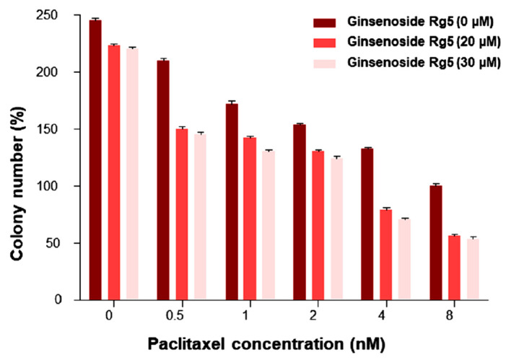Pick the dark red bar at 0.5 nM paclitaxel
[x=163, y=180]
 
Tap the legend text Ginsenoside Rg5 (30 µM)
[x=424, y=63]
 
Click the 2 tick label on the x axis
[x=318, y=315]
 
